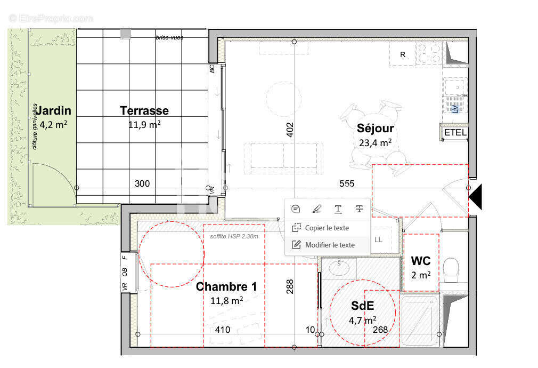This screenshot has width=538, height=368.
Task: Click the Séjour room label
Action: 375,128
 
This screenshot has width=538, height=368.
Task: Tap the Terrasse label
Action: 144,110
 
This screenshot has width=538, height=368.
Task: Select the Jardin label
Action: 53,110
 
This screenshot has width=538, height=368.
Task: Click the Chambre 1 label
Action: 226,286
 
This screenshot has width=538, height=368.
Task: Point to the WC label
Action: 421,261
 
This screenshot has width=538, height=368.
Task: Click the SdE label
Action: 362,306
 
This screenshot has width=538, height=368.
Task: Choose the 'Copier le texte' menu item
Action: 327,228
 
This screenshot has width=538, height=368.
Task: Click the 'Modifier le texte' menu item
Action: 329,245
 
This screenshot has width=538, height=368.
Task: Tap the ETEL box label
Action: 455,132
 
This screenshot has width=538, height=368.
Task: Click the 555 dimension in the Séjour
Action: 347,183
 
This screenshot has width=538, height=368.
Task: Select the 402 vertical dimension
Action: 290,130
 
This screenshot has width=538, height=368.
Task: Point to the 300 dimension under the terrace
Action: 142,183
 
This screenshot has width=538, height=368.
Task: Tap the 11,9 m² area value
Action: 144,124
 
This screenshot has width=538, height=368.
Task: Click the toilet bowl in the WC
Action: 451,270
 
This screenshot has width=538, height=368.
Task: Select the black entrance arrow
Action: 475,197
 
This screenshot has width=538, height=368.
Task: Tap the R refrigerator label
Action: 403,54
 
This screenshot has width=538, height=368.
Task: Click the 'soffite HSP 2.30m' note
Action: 234,236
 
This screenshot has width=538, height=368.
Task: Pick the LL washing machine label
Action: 378,240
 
